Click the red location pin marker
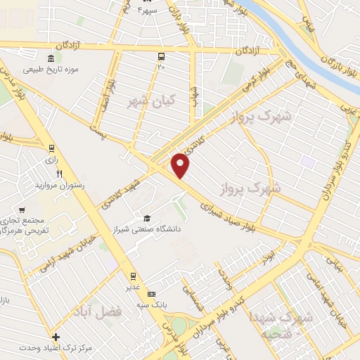[x=181, y=165]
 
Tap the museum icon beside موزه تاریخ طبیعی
[x=51, y=58]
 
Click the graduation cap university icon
[x=147, y=218]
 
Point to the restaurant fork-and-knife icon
[x=60, y=174]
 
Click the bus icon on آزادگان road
[x=162, y=56]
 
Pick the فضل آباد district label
[x=122, y=309]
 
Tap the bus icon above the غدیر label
[x=131, y=276]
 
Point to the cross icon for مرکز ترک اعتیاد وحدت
[x=56, y=337]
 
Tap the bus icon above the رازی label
[x=51, y=148]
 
